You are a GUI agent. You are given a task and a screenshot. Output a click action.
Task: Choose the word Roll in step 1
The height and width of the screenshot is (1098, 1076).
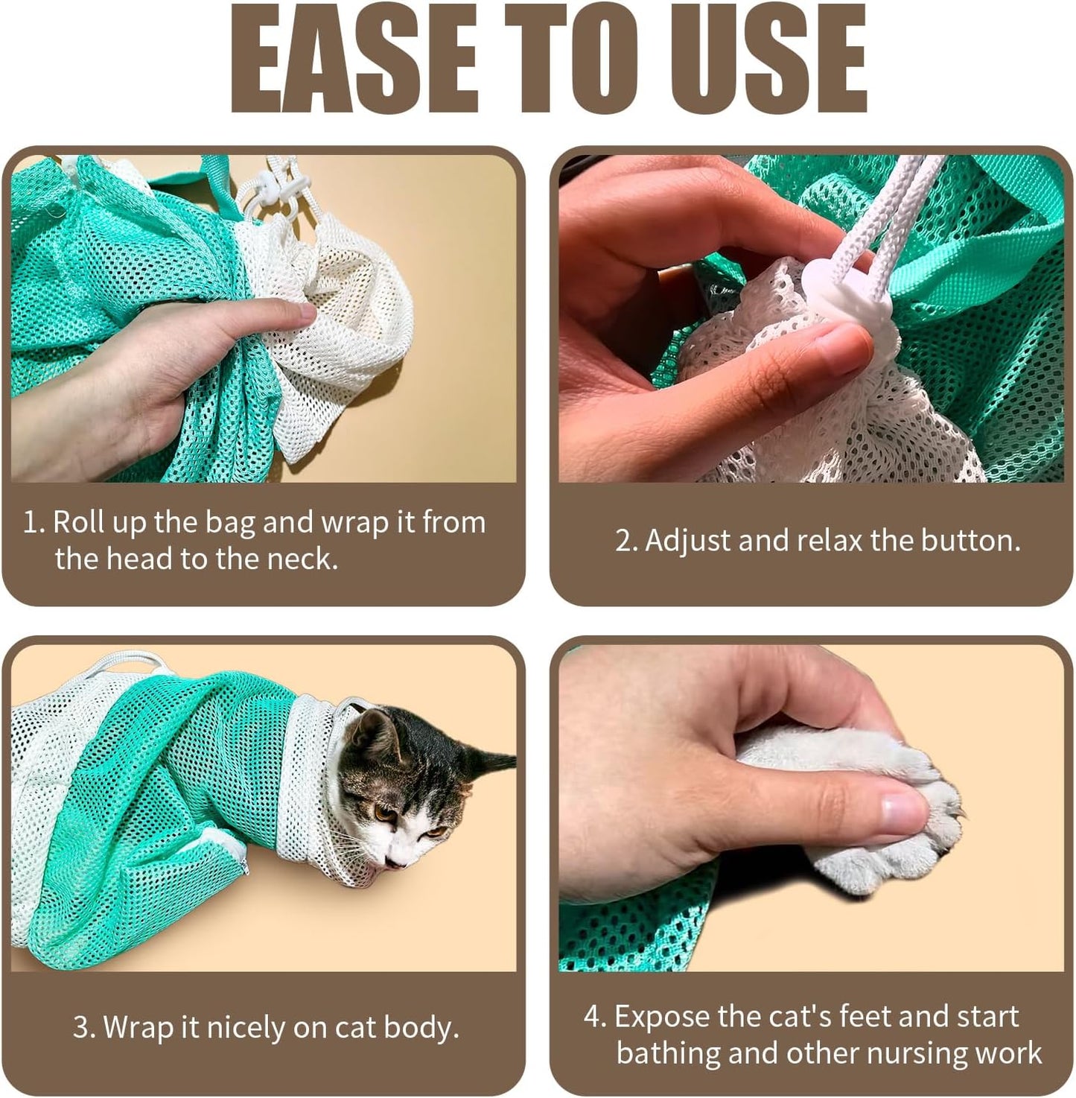(x=78, y=522)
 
